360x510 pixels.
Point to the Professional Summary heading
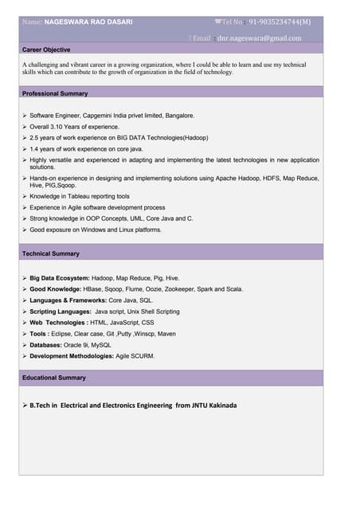coord(55,93)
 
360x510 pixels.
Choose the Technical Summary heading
coord(51,253)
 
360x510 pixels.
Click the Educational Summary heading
coord(54,377)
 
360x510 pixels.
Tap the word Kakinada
coord(216,405)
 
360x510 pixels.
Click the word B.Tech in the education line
coord(42,405)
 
